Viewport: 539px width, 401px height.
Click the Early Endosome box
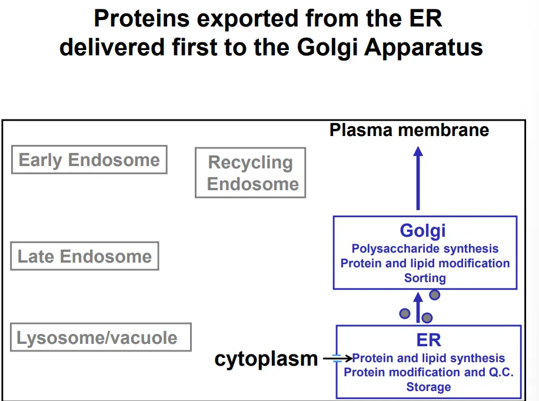point(89,160)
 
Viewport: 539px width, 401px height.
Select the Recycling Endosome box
point(251,173)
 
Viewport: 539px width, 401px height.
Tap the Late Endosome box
point(85,256)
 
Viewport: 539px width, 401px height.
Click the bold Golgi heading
point(423,231)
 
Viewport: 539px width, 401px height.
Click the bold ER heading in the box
point(428,340)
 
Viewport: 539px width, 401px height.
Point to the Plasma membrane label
point(409,130)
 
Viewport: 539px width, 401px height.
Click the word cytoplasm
point(266,359)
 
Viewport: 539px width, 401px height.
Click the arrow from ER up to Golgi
point(418,308)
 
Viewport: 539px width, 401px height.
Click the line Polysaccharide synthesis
point(425,249)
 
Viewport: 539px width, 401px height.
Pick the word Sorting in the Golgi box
point(425,278)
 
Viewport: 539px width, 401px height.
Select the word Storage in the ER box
point(428,387)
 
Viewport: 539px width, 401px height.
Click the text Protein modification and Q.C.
point(428,372)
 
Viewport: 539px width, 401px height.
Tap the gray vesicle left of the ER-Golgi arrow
point(405,313)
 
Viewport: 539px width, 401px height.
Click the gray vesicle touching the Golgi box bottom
point(434,294)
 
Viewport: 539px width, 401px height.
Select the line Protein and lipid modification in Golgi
point(425,263)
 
